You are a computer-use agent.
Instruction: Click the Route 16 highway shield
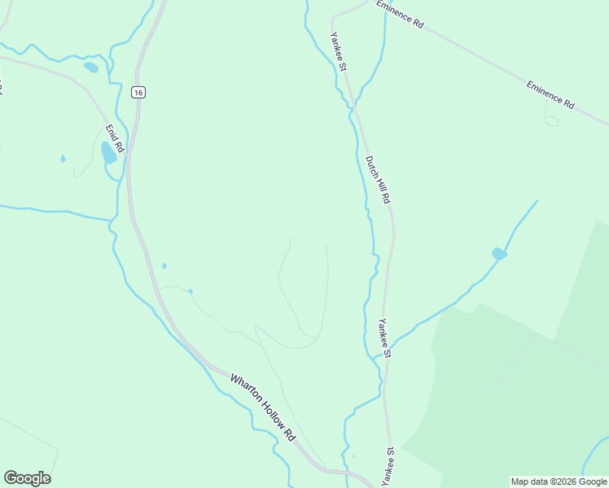tap(139, 93)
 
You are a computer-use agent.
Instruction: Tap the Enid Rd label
tap(113, 138)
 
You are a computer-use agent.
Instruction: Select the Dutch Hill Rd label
tap(378, 179)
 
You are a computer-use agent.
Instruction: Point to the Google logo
tap(27, 478)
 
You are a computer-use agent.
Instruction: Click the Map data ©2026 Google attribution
tap(559, 481)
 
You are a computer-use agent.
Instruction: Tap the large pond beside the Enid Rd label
tap(108, 152)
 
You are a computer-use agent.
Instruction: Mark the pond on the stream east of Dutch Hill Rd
tap(499, 255)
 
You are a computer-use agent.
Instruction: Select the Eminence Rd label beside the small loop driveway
tap(550, 94)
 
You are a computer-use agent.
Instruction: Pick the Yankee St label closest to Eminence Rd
tap(339, 50)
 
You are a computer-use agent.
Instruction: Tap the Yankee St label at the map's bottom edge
tap(388, 464)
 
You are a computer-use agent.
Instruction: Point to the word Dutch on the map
tap(371, 165)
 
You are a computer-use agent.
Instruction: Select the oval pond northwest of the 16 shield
tap(90, 68)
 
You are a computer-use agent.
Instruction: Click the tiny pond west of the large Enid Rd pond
tap(63, 159)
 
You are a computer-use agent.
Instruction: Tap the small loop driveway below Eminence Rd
tap(551, 121)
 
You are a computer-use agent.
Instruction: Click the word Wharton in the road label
tap(243, 390)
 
